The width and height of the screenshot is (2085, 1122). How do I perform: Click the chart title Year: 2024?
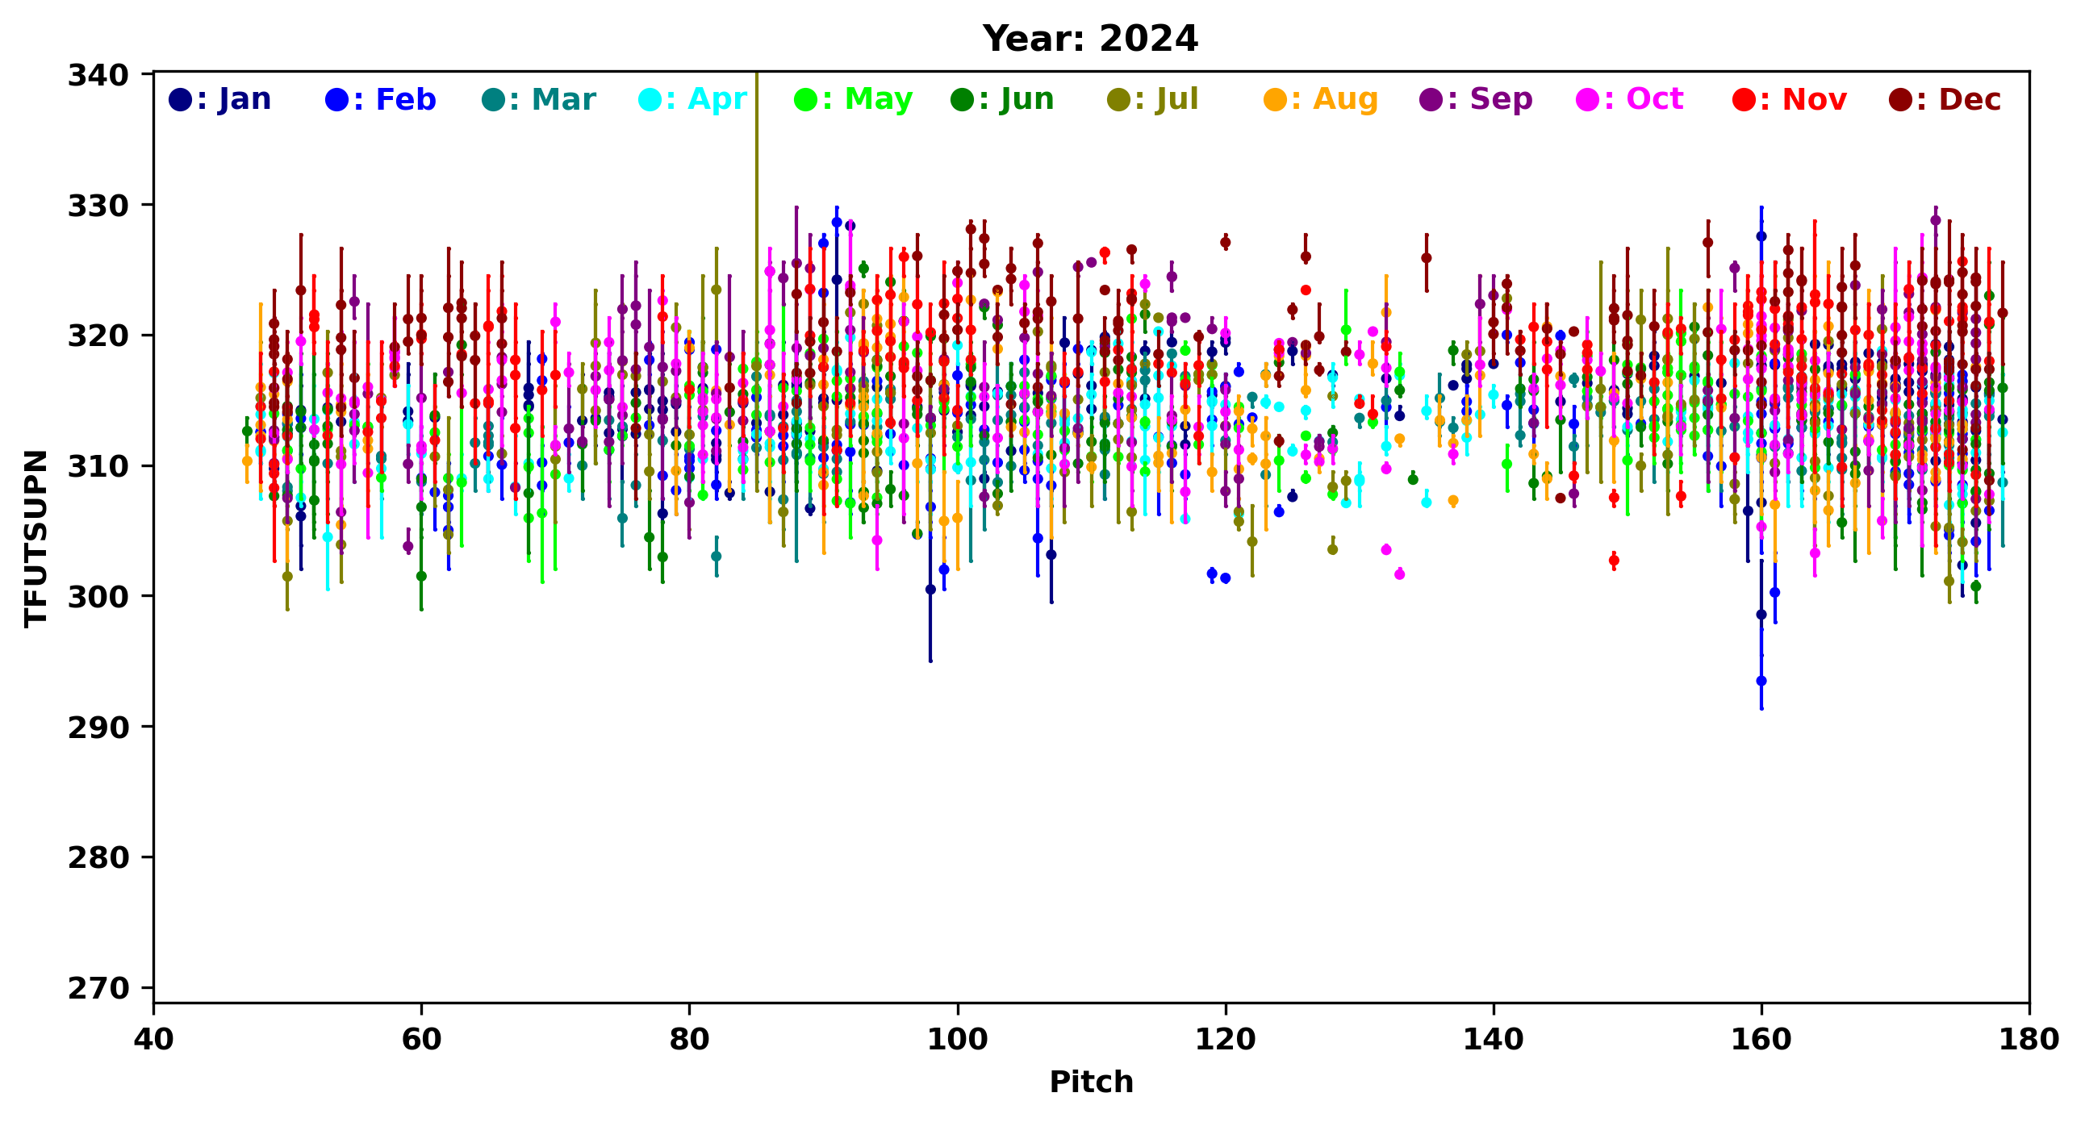pos(1089,39)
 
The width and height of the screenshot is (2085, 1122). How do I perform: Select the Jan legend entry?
pos(220,99)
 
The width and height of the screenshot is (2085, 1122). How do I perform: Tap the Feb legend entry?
pos(380,99)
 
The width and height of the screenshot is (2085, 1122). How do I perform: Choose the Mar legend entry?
pos(538,99)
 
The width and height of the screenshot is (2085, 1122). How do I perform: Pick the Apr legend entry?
pos(694,99)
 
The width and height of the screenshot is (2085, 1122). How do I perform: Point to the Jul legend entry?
pos(1153,99)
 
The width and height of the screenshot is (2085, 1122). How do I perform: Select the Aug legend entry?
pos(1321,99)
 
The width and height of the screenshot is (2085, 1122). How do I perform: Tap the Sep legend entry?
pos(1477,99)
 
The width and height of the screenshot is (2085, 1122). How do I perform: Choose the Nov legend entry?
pos(1790,99)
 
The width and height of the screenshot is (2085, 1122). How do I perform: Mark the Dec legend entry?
pos(1945,99)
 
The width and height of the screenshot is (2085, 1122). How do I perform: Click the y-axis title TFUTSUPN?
pos(36,538)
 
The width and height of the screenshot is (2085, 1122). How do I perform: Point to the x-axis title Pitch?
pos(1091,1082)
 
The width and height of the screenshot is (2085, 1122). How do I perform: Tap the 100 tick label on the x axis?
pos(958,1040)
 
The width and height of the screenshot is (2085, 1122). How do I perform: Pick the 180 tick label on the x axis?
pos(2029,1040)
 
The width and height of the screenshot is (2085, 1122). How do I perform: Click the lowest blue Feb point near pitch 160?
pos(1761,681)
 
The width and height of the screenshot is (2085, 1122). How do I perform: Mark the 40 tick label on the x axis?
pos(154,1040)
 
